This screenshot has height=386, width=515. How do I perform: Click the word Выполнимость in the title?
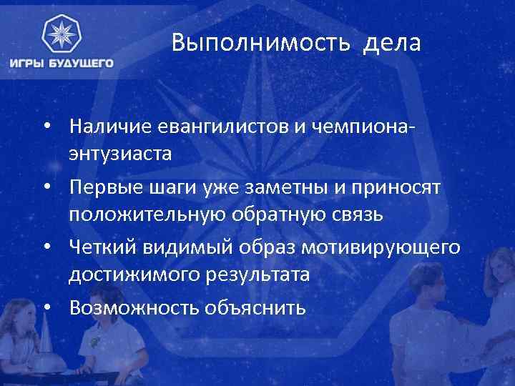click(x=260, y=45)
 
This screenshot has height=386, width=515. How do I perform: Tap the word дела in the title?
click(x=393, y=45)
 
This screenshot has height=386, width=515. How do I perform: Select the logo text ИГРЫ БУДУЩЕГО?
click(x=62, y=63)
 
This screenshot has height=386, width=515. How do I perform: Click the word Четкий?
click(x=99, y=248)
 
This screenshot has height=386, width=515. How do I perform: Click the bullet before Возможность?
click(x=48, y=307)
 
